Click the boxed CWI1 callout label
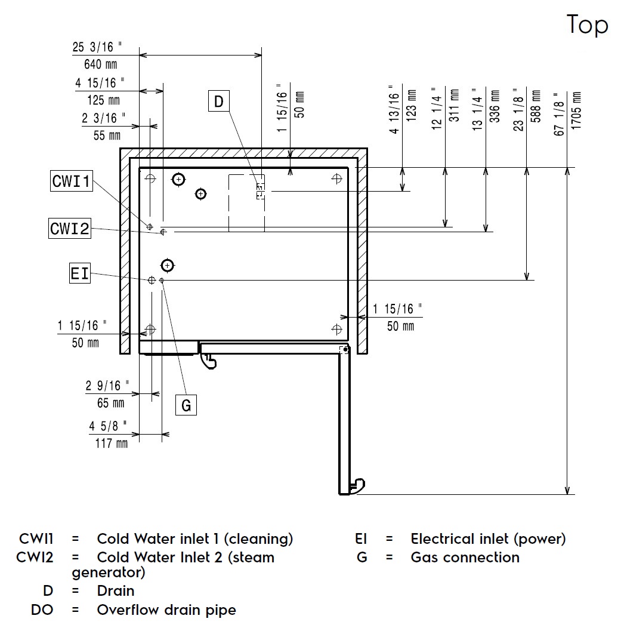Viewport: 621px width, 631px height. pos(71,181)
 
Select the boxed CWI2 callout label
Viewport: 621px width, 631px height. pos(70,228)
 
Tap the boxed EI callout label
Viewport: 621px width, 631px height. pos(79,274)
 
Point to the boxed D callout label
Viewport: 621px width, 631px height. pos(218,102)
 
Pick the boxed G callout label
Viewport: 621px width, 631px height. pos(186,405)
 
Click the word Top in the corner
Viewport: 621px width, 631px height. pos(587,25)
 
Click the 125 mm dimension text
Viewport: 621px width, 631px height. pos(98,100)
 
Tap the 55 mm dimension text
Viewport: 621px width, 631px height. pos(107,135)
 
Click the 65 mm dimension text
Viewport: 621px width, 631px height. pos(110,403)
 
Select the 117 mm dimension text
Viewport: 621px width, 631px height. pos(111,443)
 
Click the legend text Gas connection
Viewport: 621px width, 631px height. pos(465,558)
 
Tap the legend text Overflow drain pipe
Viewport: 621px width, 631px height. pos(166,610)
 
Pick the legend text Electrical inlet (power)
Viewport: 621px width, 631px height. pos(488,539)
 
